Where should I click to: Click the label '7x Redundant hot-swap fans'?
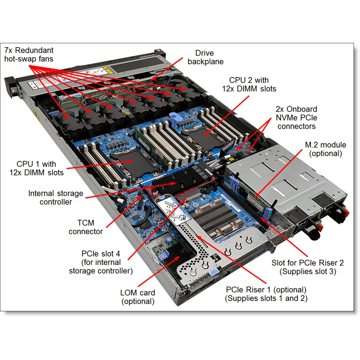[x=29, y=54]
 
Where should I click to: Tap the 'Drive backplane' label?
[x=205, y=57]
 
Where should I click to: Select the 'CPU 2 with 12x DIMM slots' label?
[x=249, y=84]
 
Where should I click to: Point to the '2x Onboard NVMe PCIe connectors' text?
[x=296, y=118]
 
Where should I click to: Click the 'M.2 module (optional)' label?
[x=325, y=149]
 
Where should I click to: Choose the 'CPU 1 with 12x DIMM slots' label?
[x=36, y=168]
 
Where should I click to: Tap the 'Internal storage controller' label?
[x=56, y=197]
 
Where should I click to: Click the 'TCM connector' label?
[x=86, y=227]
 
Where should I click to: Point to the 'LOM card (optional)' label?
[x=138, y=297]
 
